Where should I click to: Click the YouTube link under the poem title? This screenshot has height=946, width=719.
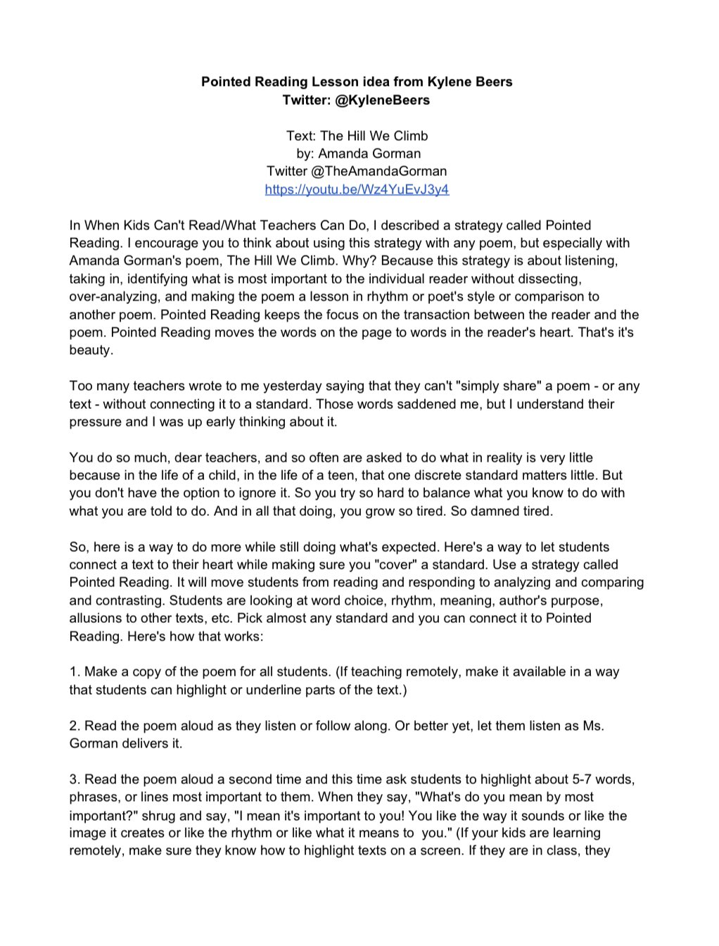357,189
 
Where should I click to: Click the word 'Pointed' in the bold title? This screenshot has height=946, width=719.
226,82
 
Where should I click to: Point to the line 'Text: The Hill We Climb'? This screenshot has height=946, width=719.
357,136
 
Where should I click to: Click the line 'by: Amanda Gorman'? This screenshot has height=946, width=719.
359,153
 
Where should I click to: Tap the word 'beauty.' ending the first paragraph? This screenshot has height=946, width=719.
91,350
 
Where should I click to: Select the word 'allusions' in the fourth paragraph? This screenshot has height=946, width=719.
96,618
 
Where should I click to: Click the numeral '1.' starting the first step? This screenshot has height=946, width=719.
75,671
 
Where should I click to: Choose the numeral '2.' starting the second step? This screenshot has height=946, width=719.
75,726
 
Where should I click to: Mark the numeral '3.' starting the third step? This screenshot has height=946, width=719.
75,779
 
